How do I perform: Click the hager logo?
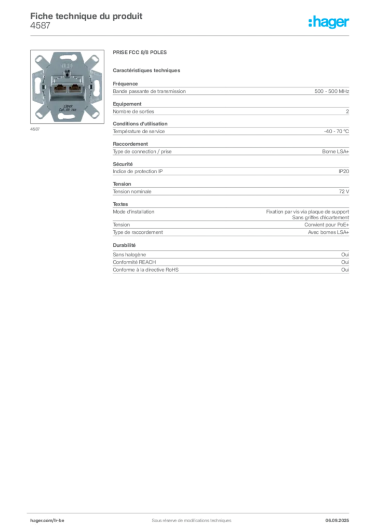[329, 22]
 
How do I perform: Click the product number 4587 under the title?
[41, 25]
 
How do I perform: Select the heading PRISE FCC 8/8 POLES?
[140, 52]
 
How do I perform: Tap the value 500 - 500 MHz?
[331, 91]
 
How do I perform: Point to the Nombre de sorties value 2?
[347, 111]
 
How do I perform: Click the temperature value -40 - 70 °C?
[337, 131]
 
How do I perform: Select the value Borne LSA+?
[335, 152]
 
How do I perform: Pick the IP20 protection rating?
[344, 171]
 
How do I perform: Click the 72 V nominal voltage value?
[344, 192]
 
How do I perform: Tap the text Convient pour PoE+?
[327, 225]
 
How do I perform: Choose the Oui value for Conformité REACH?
[345, 262]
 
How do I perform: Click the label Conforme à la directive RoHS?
[146, 270]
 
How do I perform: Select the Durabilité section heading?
[124, 245]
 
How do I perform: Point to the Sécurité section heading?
[123, 164]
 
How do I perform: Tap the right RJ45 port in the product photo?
[74, 89]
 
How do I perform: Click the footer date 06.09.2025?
[337, 521]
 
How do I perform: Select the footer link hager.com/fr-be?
[47, 521]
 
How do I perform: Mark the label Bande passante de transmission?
[149, 91]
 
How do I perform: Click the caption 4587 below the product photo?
[35, 129]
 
